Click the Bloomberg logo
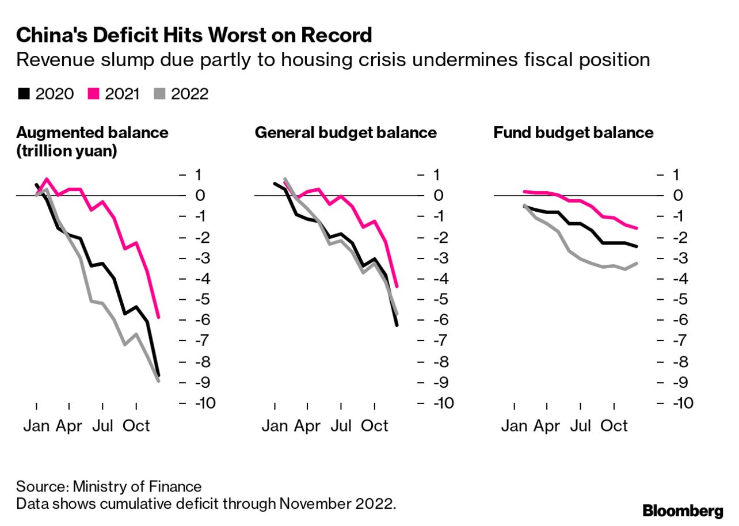(683, 510)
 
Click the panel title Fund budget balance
(573, 133)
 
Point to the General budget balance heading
(345, 133)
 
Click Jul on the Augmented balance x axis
(103, 426)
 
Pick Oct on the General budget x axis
(375, 426)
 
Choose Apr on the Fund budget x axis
(546, 426)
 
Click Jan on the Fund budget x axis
(514, 426)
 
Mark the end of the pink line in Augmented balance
(158, 317)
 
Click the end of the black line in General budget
(397, 326)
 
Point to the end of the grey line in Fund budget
(637, 263)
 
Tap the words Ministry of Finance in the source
(137, 486)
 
